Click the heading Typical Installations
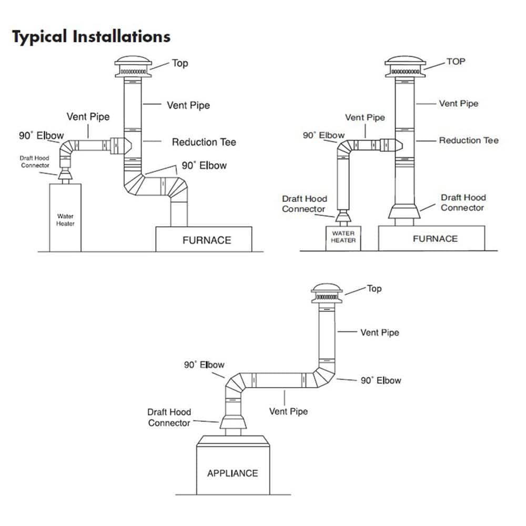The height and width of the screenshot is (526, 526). (91, 37)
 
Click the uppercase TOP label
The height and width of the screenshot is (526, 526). (456, 62)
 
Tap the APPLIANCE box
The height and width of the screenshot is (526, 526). (233, 465)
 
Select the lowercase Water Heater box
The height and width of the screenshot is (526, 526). (65, 217)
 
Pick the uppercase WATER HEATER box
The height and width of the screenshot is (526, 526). (343, 238)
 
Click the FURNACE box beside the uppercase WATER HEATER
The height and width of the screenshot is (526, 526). (431, 238)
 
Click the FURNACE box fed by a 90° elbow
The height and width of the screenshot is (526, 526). (204, 239)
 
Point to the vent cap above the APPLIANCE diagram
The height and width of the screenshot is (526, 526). (327, 294)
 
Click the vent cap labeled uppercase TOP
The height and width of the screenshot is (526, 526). (405, 66)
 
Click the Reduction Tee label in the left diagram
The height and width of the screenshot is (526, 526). (204, 142)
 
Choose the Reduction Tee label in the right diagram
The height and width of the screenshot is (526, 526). (469, 140)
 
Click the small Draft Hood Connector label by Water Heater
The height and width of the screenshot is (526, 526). (35, 161)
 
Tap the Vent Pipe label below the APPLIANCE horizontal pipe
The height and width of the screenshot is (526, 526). (288, 411)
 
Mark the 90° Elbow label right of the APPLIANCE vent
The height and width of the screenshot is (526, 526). (381, 380)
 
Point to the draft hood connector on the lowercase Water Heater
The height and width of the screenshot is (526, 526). (65, 174)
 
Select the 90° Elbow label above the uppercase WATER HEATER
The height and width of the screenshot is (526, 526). (323, 135)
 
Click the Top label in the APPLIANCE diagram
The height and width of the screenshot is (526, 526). (374, 288)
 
